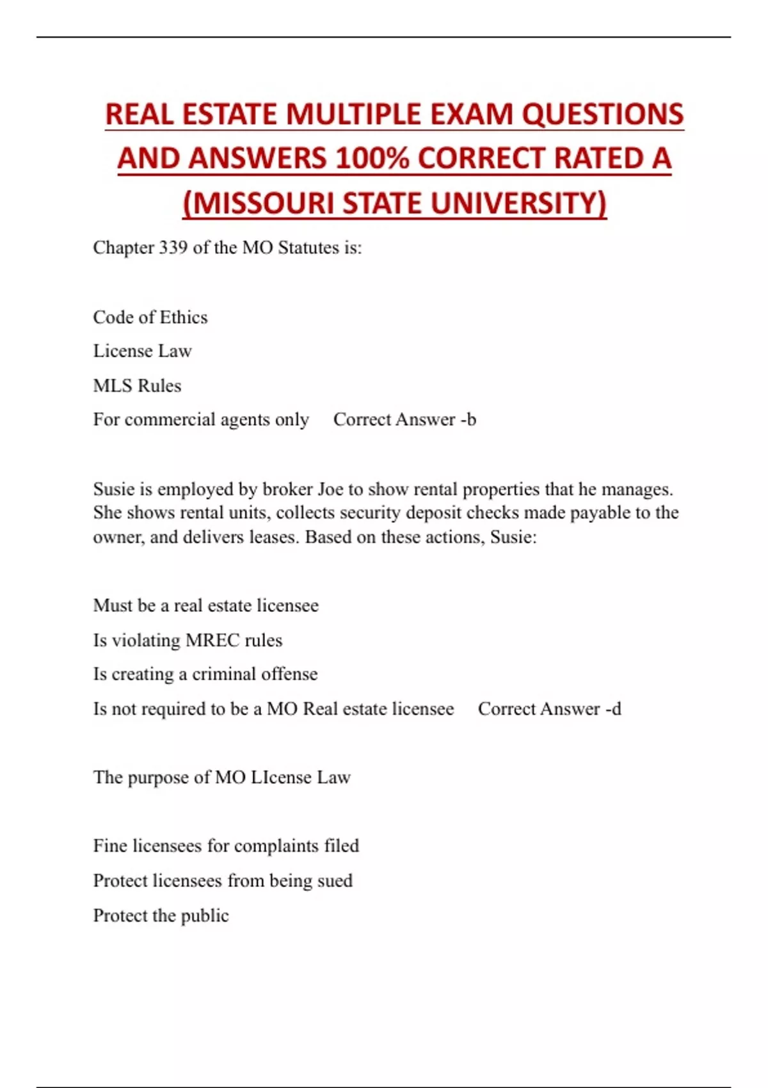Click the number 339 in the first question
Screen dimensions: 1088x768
(x=173, y=248)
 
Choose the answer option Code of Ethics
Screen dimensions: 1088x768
(x=150, y=317)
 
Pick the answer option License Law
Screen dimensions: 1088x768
(x=142, y=351)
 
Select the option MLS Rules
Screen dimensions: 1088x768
(x=137, y=386)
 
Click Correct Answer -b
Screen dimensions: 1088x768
(x=404, y=420)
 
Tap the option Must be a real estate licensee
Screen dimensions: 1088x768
(x=205, y=605)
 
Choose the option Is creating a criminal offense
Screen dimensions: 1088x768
(x=205, y=674)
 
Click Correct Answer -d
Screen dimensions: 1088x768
(x=549, y=709)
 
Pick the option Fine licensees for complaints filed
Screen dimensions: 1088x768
(x=226, y=846)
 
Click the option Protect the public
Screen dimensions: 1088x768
(x=161, y=916)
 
